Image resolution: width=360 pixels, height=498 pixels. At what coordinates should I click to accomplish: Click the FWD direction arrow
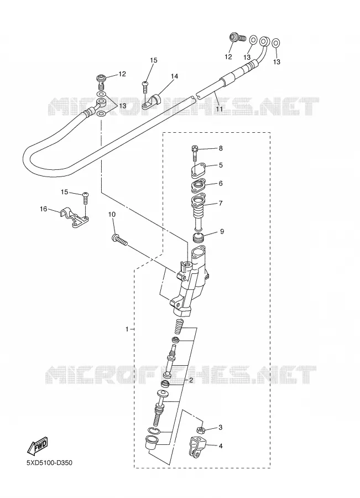[37, 445]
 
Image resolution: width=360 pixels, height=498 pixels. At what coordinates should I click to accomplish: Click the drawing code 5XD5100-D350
[49, 463]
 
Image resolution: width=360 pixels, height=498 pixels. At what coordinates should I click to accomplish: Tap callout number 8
[221, 148]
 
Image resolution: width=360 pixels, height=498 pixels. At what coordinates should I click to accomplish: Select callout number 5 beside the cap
[221, 165]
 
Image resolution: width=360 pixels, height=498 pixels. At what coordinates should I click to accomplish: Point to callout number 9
[222, 231]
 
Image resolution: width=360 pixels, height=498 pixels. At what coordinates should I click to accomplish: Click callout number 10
[112, 214]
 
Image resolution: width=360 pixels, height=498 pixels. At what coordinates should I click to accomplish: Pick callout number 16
[44, 209]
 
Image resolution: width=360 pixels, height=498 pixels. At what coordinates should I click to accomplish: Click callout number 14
[174, 76]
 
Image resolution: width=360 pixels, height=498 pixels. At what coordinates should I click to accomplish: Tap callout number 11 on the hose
[219, 108]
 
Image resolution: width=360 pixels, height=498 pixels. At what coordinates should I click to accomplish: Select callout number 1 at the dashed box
[127, 329]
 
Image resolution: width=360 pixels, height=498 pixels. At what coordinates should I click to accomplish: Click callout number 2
[191, 380]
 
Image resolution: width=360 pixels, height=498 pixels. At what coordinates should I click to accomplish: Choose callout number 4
[221, 446]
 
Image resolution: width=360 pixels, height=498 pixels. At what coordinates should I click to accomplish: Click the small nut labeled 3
[201, 430]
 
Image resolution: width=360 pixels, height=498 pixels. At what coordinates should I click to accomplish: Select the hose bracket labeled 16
[74, 218]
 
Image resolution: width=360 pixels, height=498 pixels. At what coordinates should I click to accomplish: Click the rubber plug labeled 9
[199, 237]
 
